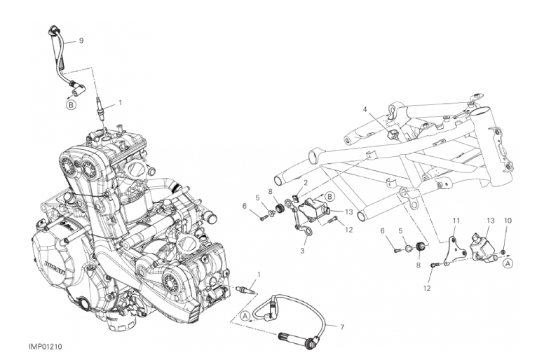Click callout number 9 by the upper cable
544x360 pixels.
[81, 41]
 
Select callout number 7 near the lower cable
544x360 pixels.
[342, 327]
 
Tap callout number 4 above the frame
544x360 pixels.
[365, 110]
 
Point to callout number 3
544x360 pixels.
[302, 251]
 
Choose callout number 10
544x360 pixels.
[508, 221]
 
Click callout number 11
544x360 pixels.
[456, 221]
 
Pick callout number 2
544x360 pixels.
[306, 183]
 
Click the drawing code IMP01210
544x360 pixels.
[46, 347]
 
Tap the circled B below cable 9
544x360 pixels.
[71, 105]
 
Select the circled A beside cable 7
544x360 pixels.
[245, 316]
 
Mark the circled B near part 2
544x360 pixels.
[330, 197]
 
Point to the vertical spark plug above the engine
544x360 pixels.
[100, 109]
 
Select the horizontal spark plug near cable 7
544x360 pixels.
[245, 291]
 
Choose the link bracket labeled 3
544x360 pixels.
[295, 216]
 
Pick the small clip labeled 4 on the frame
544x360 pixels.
[392, 134]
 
